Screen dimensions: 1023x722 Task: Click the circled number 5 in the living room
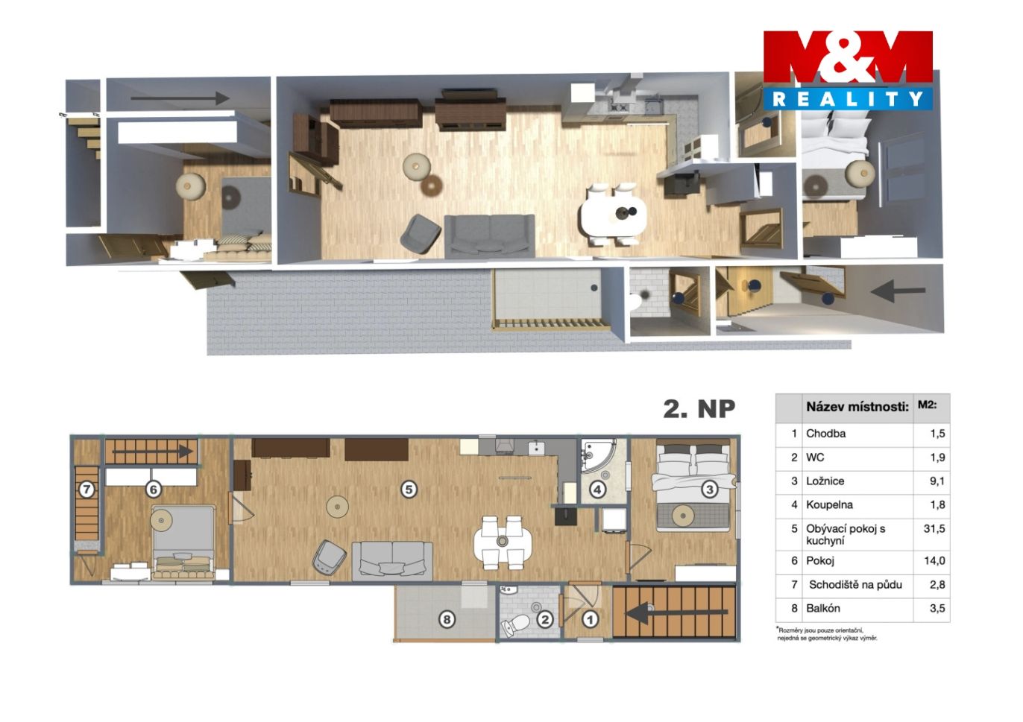[409, 490]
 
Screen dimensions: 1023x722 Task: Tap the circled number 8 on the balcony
[447, 620]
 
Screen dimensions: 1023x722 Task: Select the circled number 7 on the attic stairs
[86, 490]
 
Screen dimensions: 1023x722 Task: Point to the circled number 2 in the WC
[545, 619]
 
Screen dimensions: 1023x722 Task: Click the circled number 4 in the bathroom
[597, 490]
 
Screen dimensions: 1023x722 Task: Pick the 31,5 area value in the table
[934, 528]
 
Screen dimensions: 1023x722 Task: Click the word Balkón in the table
[823, 608]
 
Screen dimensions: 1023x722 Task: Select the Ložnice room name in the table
[825, 481]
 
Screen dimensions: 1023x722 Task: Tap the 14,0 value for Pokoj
[934, 560]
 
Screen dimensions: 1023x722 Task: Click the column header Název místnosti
[857, 407]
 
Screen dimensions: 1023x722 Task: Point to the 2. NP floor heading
[699, 409]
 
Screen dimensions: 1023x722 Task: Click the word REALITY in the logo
[848, 99]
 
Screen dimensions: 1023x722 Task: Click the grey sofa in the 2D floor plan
[392, 561]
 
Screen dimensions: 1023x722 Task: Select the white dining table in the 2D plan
[503, 542]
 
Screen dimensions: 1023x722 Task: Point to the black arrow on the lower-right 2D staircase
[677, 612]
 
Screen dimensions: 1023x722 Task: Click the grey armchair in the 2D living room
[329, 557]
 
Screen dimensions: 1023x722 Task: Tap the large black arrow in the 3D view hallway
[898, 291]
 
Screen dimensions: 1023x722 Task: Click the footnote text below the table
[826, 634]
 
